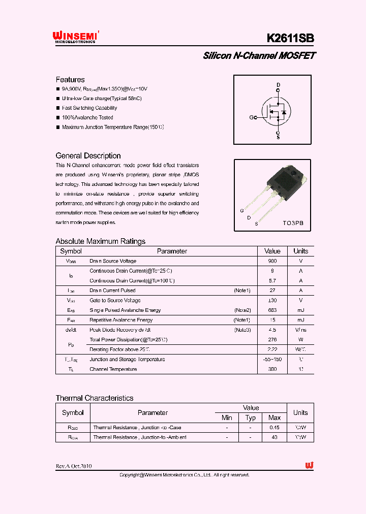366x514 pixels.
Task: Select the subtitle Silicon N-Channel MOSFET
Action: pos(259,56)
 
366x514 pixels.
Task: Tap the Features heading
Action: pos(70,80)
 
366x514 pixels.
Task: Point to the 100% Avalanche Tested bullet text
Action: pos(87,117)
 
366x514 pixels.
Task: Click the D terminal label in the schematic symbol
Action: pos(278,85)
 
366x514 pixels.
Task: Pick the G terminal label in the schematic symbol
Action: pos(251,118)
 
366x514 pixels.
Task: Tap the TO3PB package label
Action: pos(293,222)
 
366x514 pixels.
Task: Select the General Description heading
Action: pos(88,156)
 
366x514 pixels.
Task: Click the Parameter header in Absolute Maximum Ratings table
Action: pos(172,251)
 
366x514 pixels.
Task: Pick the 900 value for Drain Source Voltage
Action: pos(272,261)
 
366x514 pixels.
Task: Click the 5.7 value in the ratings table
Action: pos(272,280)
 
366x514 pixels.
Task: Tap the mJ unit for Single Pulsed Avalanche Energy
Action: pos(300,310)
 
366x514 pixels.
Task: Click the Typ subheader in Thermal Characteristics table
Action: pos(251,417)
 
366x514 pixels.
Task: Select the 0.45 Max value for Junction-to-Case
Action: pos(274,428)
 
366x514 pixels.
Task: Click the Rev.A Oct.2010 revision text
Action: pos(74,466)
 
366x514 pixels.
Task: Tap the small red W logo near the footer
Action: pos(309,466)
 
